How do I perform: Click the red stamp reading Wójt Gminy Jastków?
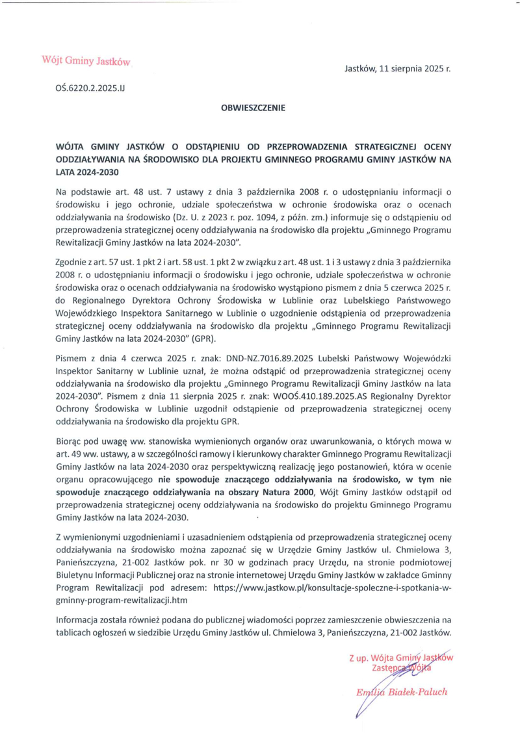[x=86, y=61]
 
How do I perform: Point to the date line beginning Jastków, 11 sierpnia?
[x=396, y=68]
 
